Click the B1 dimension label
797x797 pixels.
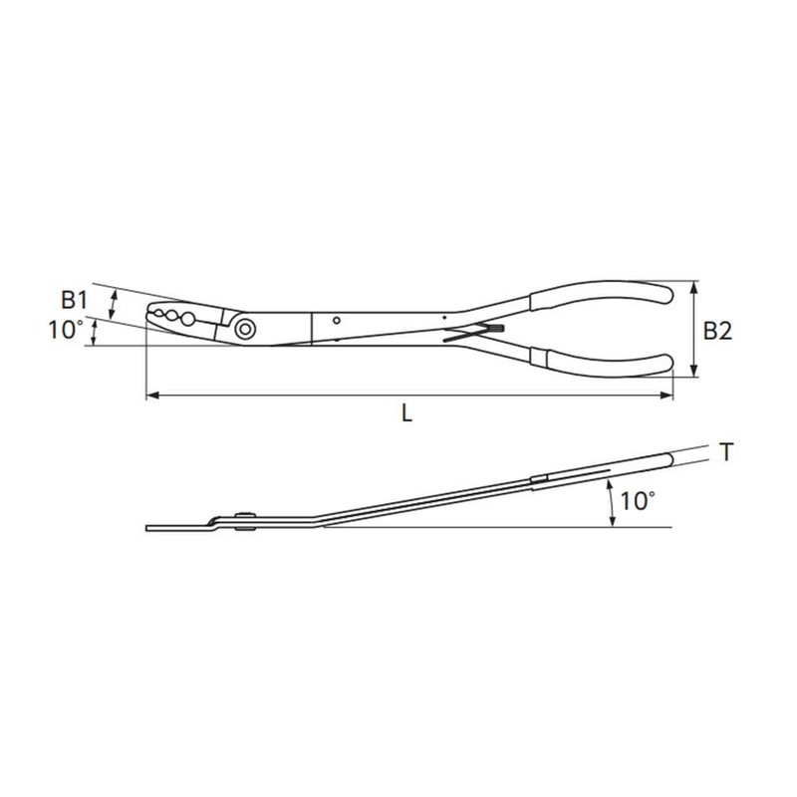pos(74,300)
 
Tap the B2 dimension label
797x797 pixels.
pos(717,331)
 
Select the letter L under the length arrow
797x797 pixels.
pos(406,412)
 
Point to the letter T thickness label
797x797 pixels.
pos(727,452)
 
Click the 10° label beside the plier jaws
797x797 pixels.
pos(66,330)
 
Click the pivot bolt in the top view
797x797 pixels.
pos(245,329)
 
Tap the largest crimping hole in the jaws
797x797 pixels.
pos(188,319)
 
